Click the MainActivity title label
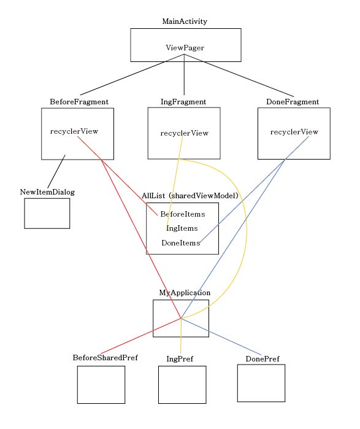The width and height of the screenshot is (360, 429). tap(185, 21)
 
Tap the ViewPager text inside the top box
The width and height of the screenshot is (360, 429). tap(185, 47)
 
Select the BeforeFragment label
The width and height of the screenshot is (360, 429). tap(79, 101)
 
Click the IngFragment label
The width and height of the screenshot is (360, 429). tap(184, 101)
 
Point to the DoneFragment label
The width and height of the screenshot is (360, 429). tap(293, 101)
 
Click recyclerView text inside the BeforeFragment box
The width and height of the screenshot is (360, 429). tap(74, 131)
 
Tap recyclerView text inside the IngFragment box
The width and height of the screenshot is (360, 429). tap(184, 133)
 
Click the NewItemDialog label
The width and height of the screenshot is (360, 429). tap(47, 192)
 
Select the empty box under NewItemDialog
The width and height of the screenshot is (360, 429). tap(47, 213)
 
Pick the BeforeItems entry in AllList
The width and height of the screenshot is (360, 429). tap(183, 214)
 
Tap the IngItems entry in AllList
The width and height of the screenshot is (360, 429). tap(182, 228)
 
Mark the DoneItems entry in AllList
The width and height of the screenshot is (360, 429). tap(181, 243)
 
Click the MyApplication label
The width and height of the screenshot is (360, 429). tap(185, 293)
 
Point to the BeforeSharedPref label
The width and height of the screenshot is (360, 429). tap(105, 358)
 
